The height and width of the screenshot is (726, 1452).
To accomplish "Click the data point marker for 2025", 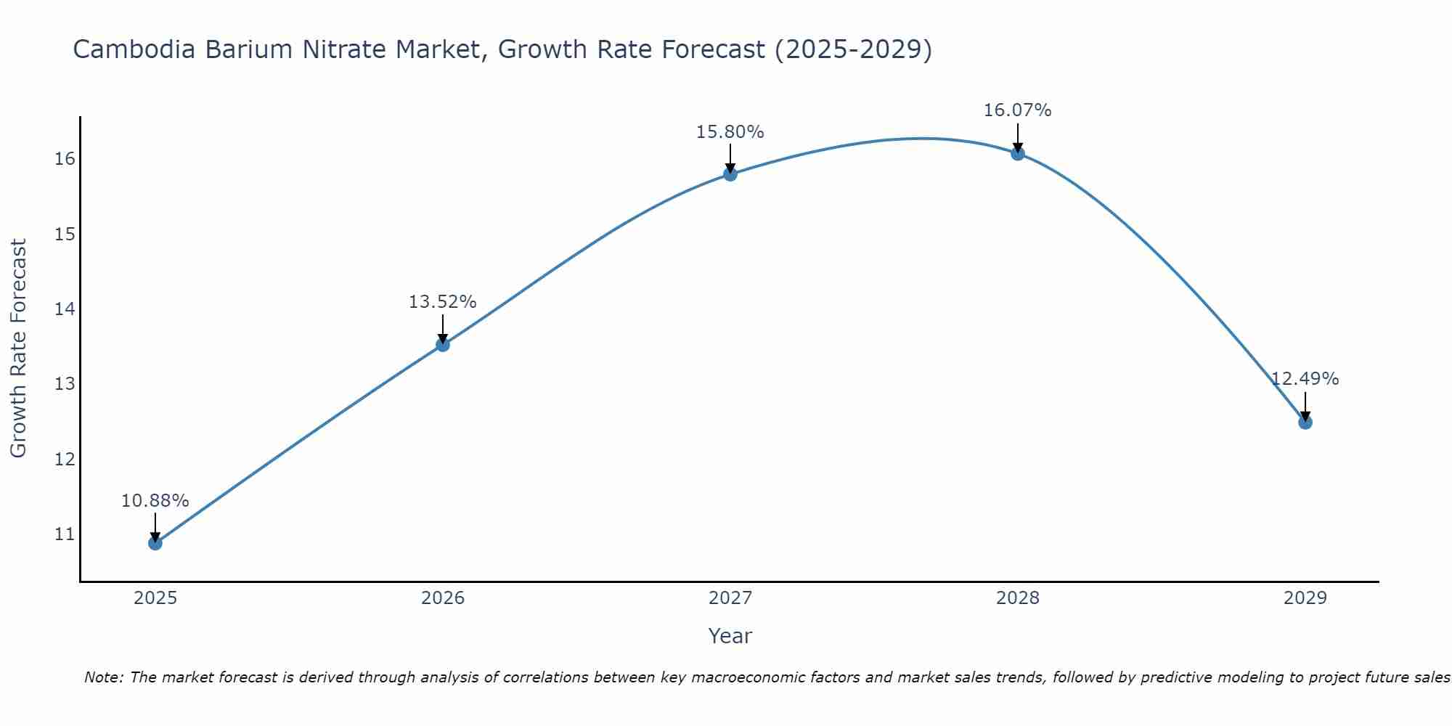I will coord(155,543).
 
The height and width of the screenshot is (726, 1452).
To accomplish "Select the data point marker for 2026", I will coord(442,345).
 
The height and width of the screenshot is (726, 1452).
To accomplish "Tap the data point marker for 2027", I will coord(730,174).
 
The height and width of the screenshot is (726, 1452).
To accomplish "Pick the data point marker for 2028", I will coord(1018,153).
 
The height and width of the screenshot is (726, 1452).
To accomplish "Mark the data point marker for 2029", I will coord(1305,423).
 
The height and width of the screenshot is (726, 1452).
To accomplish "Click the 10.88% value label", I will coord(155,501).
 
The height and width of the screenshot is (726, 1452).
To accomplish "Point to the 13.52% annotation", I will coord(442,302).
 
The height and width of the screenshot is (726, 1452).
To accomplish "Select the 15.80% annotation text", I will coord(730,132).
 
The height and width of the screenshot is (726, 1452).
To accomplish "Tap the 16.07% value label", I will coord(1017,110).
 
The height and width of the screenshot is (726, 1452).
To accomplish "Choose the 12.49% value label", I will coord(1305,379).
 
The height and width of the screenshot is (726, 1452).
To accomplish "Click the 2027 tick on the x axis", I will coord(730,598).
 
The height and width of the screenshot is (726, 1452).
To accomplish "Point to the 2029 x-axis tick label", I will coord(1305,598).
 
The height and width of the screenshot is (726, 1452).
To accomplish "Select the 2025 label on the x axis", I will coord(155,598).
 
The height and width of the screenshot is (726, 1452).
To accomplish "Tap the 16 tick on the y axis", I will coord(65,159).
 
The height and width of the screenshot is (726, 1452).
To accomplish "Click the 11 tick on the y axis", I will coord(65,535).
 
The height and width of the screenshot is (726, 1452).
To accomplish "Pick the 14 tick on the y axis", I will coord(65,309).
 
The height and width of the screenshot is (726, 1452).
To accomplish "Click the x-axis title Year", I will coord(730,636).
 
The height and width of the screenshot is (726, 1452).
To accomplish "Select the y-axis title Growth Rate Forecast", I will coord(18,348).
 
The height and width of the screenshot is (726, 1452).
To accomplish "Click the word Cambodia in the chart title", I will coord(134,50).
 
